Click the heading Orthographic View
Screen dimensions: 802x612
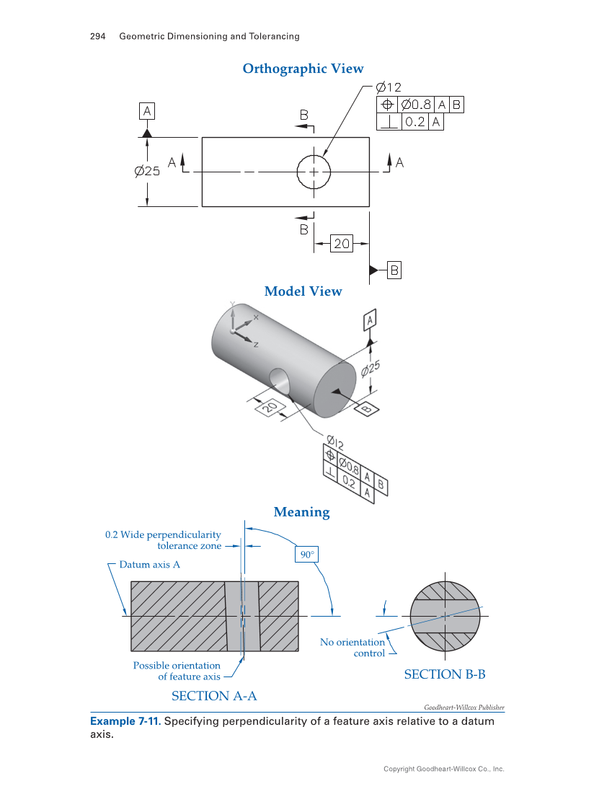point(303,69)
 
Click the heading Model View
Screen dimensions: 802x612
point(303,291)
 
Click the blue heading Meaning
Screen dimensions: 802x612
point(301,512)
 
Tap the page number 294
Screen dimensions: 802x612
point(98,36)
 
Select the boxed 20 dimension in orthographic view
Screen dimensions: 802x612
point(341,244)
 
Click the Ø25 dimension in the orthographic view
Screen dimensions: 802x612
point(147,171)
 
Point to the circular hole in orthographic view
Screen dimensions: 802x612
point(314,172)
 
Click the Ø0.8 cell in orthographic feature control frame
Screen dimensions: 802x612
point(415,105)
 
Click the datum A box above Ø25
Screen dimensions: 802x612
point(147,111)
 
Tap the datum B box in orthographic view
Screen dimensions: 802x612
point(394,270)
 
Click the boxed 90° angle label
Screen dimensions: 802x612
point(307,554)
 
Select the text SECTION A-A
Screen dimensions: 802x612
point(214,696)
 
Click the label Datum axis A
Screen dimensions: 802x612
point(150,565)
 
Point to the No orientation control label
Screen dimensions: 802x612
point(353,648)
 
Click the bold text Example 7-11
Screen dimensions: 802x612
point(125,722)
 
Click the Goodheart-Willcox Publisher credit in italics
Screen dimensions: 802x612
point(464,708)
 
